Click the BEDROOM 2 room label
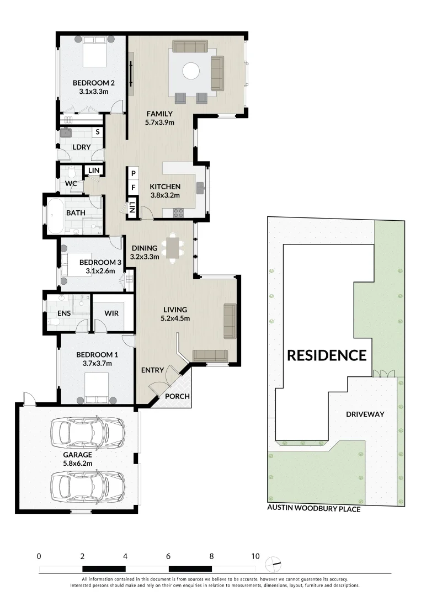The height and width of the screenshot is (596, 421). pyautogui.click(x=93, y=87)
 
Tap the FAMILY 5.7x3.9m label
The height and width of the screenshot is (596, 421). pyautogui.click(x=159, y=118)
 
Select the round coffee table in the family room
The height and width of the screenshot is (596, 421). pyautogui.click(x=191, y=71)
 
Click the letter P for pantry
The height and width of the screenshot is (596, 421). pyautogui.click(x=134, y=173)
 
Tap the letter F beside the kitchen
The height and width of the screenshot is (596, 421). pyautogui.click(x=134, y=188)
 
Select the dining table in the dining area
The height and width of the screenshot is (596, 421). pyautogui.click(x=173, y=248)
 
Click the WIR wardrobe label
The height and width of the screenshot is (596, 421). pyautogui.click(x=111, y=313)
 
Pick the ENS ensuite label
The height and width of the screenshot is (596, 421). pyautogui.click(x=64, y=313)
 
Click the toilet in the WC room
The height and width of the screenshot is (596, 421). pyautogui.click(x=71, y=173)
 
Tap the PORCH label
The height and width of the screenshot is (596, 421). pyautogui.click(x=177, y=396)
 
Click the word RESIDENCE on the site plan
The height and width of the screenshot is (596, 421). pyautogui.click(x=327, y=355)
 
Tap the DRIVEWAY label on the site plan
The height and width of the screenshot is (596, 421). pyautogui.click(x=365, y=414)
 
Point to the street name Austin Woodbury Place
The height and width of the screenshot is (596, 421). pyautogui.click(x=314, y=508)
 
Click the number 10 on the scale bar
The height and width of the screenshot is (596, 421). pyautogui.click(x=255, y=556)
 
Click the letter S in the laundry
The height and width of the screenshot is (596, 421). pyautogui.click(x=98, y=132)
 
